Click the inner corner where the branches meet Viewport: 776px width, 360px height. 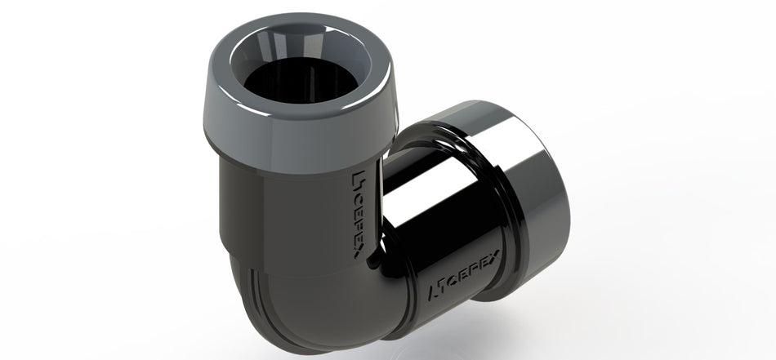pos(373,261)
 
